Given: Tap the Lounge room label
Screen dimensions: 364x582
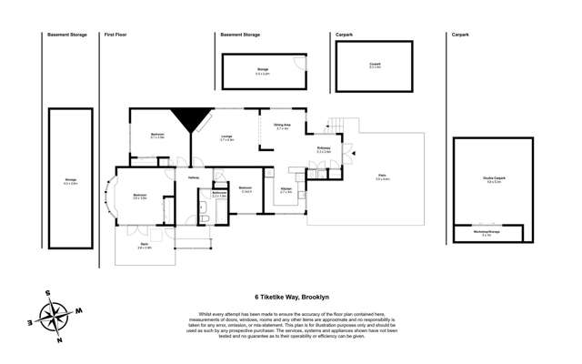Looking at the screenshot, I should pyautogui.click(x=227, y=139).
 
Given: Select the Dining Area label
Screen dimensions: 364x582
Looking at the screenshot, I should pyautogui.click(x=282, y=126).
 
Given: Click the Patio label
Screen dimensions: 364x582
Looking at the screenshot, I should pyautogui.click(x=382, y=177).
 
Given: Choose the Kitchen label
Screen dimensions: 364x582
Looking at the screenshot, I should pyautogui.click(x=286, y=191).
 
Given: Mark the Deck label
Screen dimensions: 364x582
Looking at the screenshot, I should pyautogui.click(x=144, y=245).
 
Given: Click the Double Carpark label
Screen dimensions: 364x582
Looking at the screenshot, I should pyautogui.click(x=494, y=181).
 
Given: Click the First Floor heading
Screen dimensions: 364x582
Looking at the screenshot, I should pyautogui.click(x=115, y=35).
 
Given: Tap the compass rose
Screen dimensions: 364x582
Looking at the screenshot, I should pyautogui.click(x=57, y=315).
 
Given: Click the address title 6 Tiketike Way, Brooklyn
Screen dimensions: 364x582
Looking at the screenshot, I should pyautogui.click(x=291, y=296).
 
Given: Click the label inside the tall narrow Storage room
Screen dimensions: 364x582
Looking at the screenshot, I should pyautogui.click(x=70, y=181).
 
